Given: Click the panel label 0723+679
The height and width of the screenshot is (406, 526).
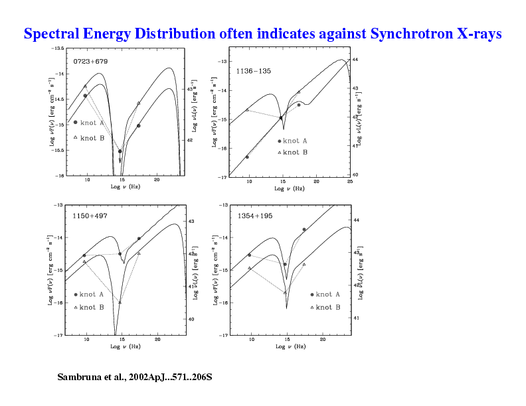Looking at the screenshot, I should pyautogui.click(x=90, y=61).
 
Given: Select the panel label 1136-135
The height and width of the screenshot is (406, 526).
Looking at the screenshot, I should pyautogui.click(x=253, y=70).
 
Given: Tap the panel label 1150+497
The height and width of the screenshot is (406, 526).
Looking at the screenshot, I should pyautogui.click(x=90, y=216).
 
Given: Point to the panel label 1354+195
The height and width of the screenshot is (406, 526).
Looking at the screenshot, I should pyautogui.click(x=255, y=216).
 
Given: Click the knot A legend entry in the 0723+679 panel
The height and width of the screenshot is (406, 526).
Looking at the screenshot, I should pyautogui.click(x=88, y=123).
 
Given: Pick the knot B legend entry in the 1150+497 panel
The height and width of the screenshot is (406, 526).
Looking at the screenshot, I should pyautogui.click(x=88, y=307).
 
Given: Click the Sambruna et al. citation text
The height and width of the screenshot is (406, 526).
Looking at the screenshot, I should pyautogui.click(x=135, y=377).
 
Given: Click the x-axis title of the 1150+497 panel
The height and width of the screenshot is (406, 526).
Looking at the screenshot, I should pyautogui.click(x=126, y=346).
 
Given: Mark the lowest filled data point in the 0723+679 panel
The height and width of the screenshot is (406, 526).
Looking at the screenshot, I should pyautogui.click(x=120, y=151).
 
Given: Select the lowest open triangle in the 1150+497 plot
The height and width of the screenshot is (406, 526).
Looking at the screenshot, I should pyautogui.click(x=120, y=303).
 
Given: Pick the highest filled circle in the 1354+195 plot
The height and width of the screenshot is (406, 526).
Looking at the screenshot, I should pyautogui.click(x=304, y=230).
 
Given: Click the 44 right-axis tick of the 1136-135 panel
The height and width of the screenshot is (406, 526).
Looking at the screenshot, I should pyautogui.click(x=356, y=60).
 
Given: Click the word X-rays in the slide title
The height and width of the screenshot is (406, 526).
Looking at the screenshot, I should pyautogui.click(x=479, y=34).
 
